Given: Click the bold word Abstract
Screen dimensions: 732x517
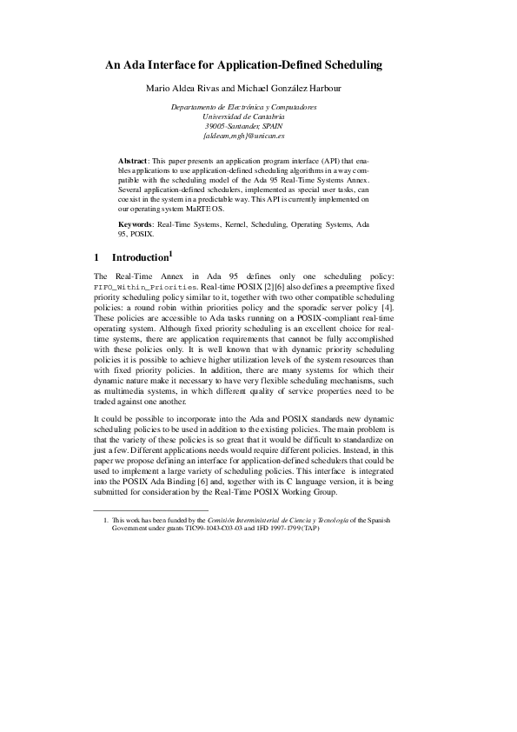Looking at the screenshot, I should pyautogui.click(x=133, y=163).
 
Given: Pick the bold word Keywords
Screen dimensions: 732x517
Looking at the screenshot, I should pyautogui.click(x=136, y=224).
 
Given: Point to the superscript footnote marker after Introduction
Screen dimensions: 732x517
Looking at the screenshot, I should pyautogui.click(x=172, y=254).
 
